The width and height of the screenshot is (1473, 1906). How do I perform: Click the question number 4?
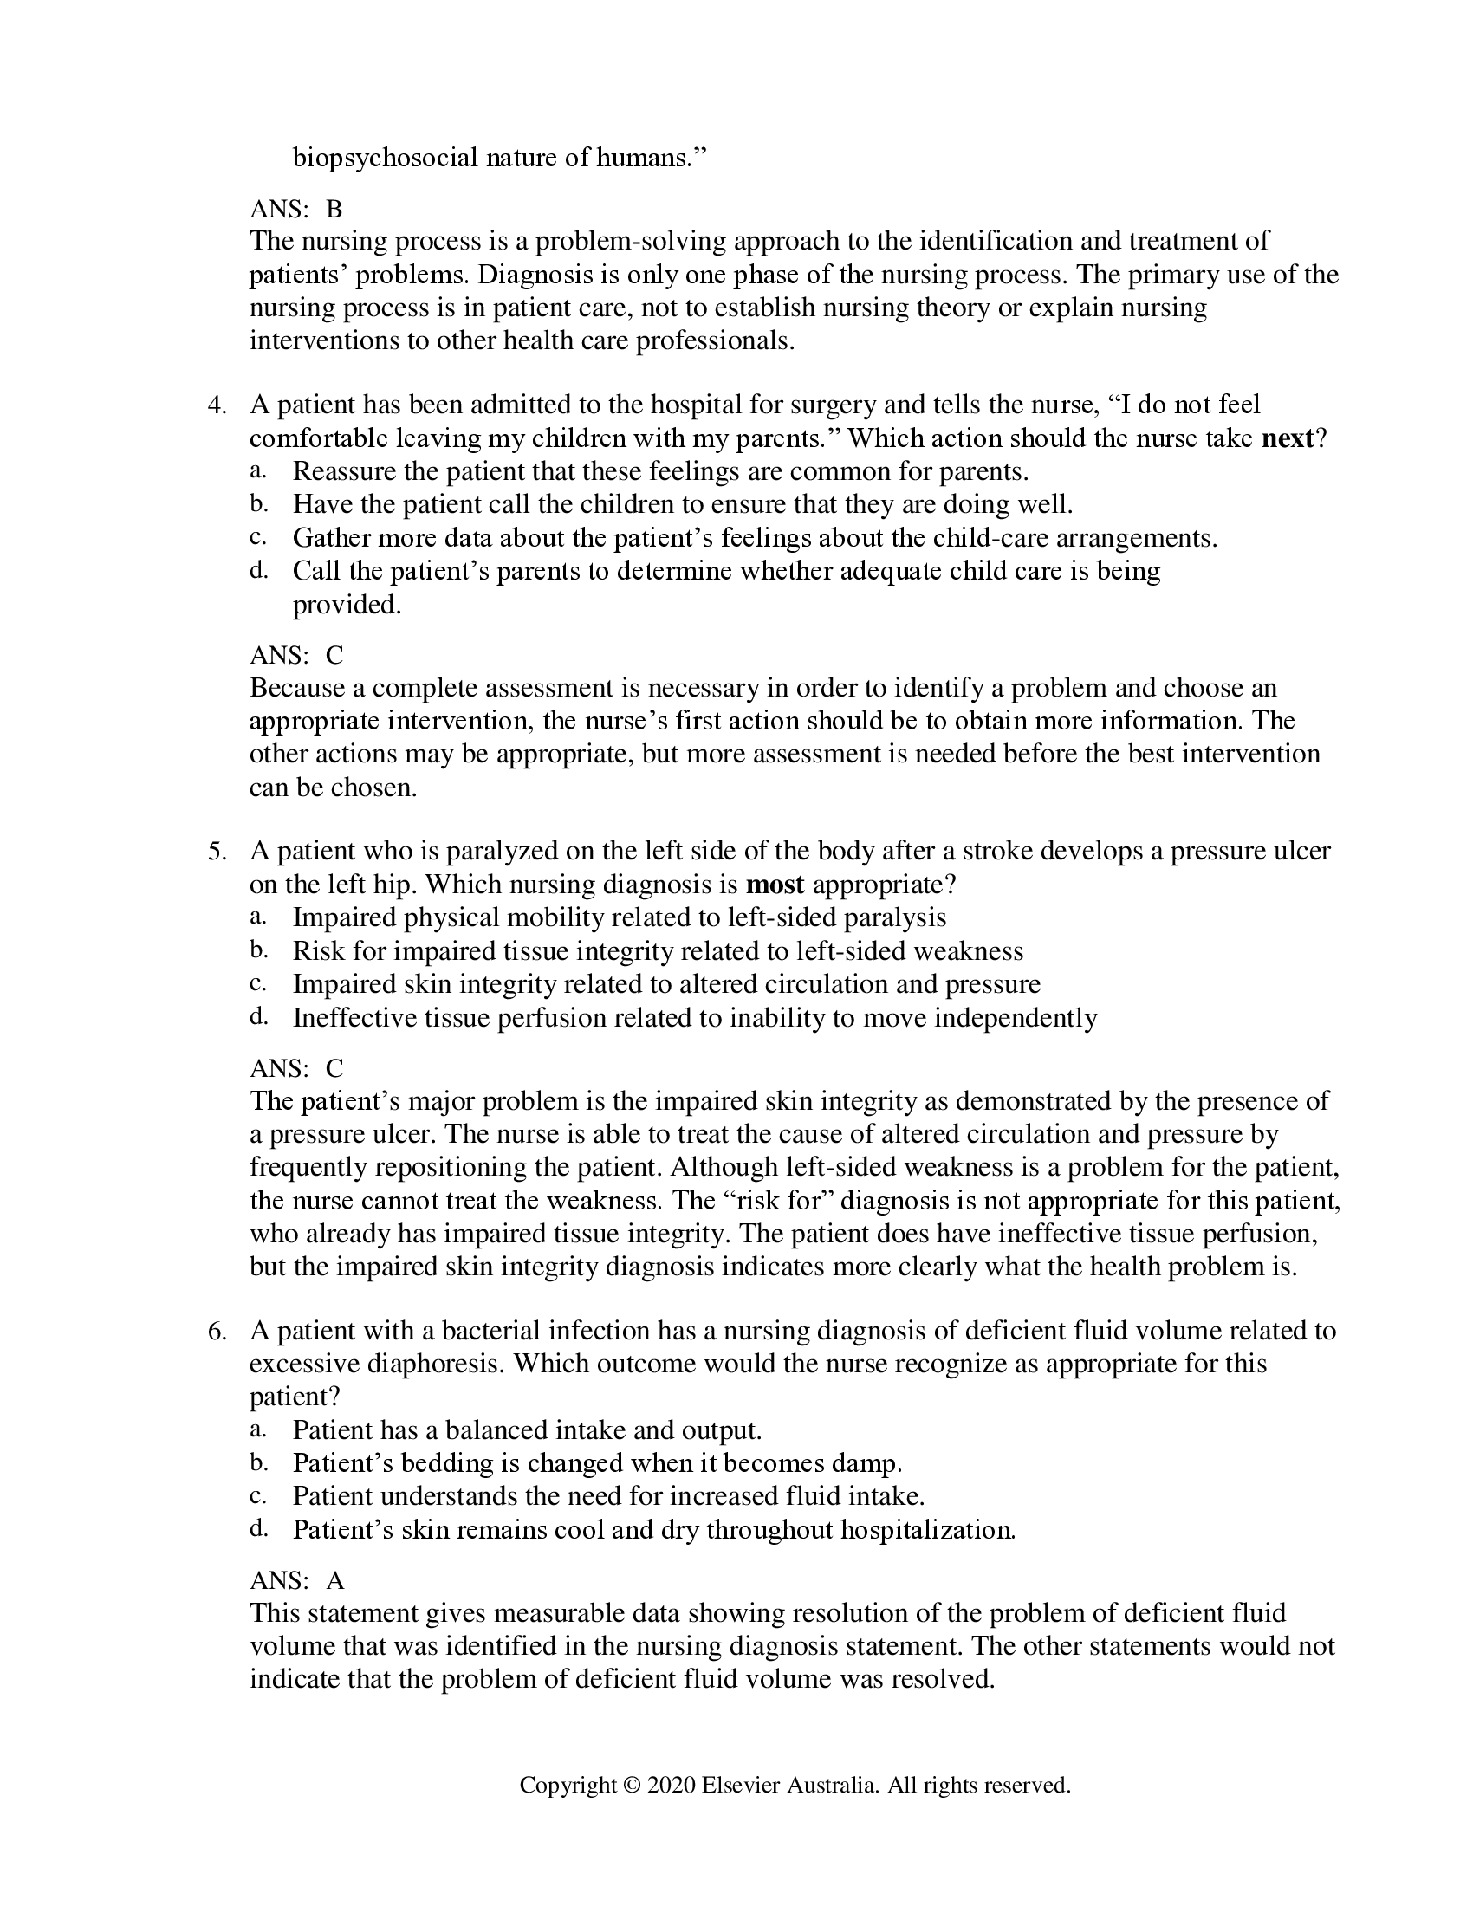[217, 405]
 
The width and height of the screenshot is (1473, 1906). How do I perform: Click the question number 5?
[217, 852]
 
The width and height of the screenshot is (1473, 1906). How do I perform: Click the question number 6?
[217, 1332]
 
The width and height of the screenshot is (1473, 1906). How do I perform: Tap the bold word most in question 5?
[775, 885]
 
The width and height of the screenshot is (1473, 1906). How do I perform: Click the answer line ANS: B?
[295, 210]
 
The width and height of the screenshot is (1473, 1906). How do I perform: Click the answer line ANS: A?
[296, 1580]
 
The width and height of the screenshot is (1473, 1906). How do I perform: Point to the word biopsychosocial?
[385, 158]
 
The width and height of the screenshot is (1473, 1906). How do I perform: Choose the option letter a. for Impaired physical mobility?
[257, 917]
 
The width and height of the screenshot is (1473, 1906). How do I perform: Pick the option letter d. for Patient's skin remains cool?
[257, 1529]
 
